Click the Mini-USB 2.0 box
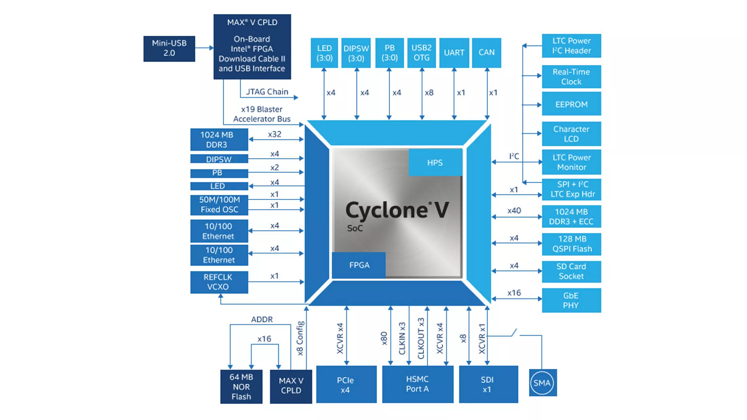pyautogui.click(x=169, y=49)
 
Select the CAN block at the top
pyautogui.click(x=486, y=52)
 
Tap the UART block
pyautogui.click(x=454, y=52)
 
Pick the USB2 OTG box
pyautogui.click(x=421, y=52)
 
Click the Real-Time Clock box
pyautogui.click(x=571, y=77)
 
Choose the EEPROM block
pyautogui.click(x=571, y=104)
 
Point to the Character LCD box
pyautogui.click(x=571, y=134)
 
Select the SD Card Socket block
pyautogui.click(x=571, y=271)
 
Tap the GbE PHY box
pyautogui.click(x=571, y=300)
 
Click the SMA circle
pyautogui.click(x=542, y=383)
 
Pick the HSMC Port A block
pyautogui.click(x=417, y=384)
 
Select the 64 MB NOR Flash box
pyautogui.click(x=241, y=387)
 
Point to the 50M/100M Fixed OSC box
pyautogui.click(x=219, y=205)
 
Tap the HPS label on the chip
pyautogui.click(x=435, y=163)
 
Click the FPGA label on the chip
pyautogui.click(x=359, y=265)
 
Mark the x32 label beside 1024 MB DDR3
pyautogui.click(x=275, y=134)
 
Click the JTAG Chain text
pyautogui.click(x=267, y=92)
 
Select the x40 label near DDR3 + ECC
pyautogui.click(x=514, y=211)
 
